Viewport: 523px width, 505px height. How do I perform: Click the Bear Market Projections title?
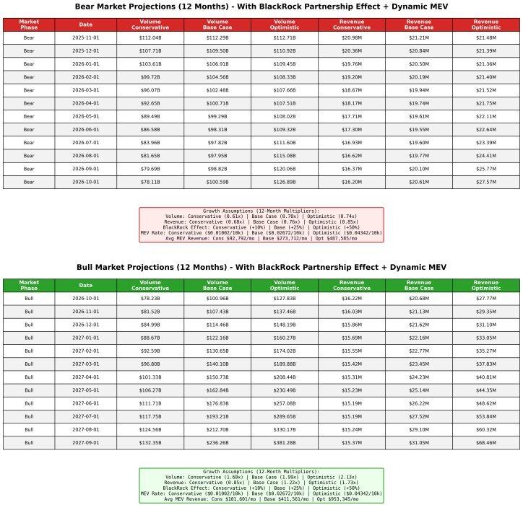tap(261, 6)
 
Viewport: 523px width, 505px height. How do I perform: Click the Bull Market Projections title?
tap(261, 267)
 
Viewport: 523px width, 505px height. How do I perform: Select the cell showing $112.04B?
tap(150, 38)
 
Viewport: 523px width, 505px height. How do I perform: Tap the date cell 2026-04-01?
tap(85, 103)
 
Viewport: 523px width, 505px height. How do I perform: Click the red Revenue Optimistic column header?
tap(486, 25)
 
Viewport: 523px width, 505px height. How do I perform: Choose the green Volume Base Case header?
tap(217, 286)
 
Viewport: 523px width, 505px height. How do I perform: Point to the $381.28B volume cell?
tap(285, 442)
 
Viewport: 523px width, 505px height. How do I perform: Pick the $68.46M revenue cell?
tap(486, 442)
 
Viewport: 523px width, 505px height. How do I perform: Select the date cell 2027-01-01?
tap(85, 338)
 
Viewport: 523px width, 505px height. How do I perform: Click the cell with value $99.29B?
tap(217, 116)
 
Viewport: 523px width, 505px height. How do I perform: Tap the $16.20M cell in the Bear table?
tap(352, 182)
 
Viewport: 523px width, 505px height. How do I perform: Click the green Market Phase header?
tap(29, 286)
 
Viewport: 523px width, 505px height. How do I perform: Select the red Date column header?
tap(85, 25)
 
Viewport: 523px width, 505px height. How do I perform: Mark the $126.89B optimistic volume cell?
tap(285, 182)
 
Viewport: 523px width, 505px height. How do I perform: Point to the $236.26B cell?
tap(217, 442)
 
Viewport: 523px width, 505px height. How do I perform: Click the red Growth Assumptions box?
tap(261, 224)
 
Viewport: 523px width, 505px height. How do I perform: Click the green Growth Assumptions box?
tap(261, 485)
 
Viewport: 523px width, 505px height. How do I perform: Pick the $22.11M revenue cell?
tap(486, 116)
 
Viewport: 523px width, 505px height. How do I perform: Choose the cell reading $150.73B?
tap(217, 377)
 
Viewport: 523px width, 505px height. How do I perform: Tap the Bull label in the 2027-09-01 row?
tap(29, 442)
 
